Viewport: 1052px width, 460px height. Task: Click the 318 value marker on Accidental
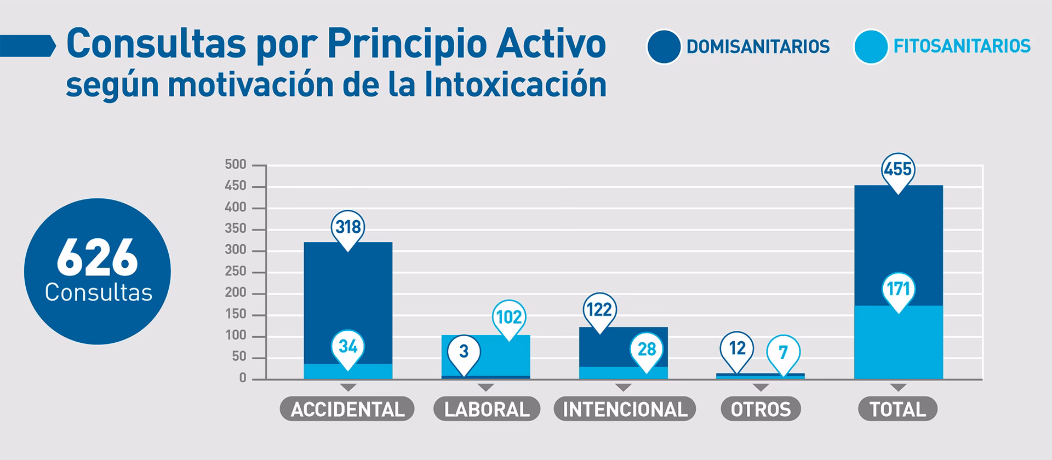[348, 226]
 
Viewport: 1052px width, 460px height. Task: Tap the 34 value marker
[348, 347]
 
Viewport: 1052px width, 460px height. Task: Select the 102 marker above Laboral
[509, 317]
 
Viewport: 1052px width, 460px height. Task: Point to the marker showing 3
[464, 351]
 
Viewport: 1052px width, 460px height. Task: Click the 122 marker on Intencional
[599, 309]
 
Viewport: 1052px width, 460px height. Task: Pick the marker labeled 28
[647, 349]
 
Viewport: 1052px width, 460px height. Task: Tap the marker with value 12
[737, 348]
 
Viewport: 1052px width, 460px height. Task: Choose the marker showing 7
[783, 352]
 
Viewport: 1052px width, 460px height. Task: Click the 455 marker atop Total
[897, 169]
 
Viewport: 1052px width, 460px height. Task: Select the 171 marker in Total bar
[898, 289]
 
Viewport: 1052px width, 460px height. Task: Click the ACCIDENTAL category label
[347, 409]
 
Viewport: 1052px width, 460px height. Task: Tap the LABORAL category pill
[487, 409]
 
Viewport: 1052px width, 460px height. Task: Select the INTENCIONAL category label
[625, 409]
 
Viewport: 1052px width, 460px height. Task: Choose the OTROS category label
[761, 409]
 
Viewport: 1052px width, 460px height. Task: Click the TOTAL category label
[897, 409]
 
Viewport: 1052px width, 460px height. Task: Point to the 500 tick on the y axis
[236, 165]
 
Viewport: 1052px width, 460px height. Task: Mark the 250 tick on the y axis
[236, 272]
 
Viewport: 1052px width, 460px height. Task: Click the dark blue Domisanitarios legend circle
[664, 47]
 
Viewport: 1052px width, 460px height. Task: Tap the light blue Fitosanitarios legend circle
[871, 47]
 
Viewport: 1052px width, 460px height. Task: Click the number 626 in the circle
[98, 258]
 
